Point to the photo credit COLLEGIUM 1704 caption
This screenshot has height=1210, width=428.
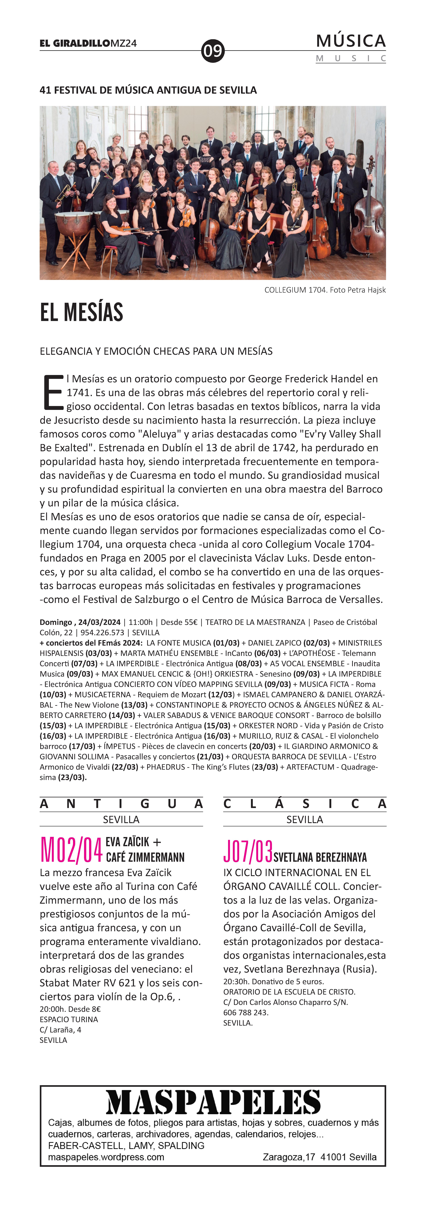tap(325, 290)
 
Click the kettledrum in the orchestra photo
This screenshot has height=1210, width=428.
tap(74, 223)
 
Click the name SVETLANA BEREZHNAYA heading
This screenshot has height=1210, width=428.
tap(320, 857)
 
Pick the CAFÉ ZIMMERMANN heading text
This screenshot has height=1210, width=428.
tap(145, 857)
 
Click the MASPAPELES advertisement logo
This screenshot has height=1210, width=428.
tap(213, 1102)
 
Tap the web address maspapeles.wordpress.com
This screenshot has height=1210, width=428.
tap(106, 1157)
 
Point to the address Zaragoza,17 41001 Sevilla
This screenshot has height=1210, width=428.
tap(319, 1157)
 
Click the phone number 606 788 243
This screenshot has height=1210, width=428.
tap(246, 1012)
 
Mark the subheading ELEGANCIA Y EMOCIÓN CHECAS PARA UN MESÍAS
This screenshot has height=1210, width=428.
tap(156, 351)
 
